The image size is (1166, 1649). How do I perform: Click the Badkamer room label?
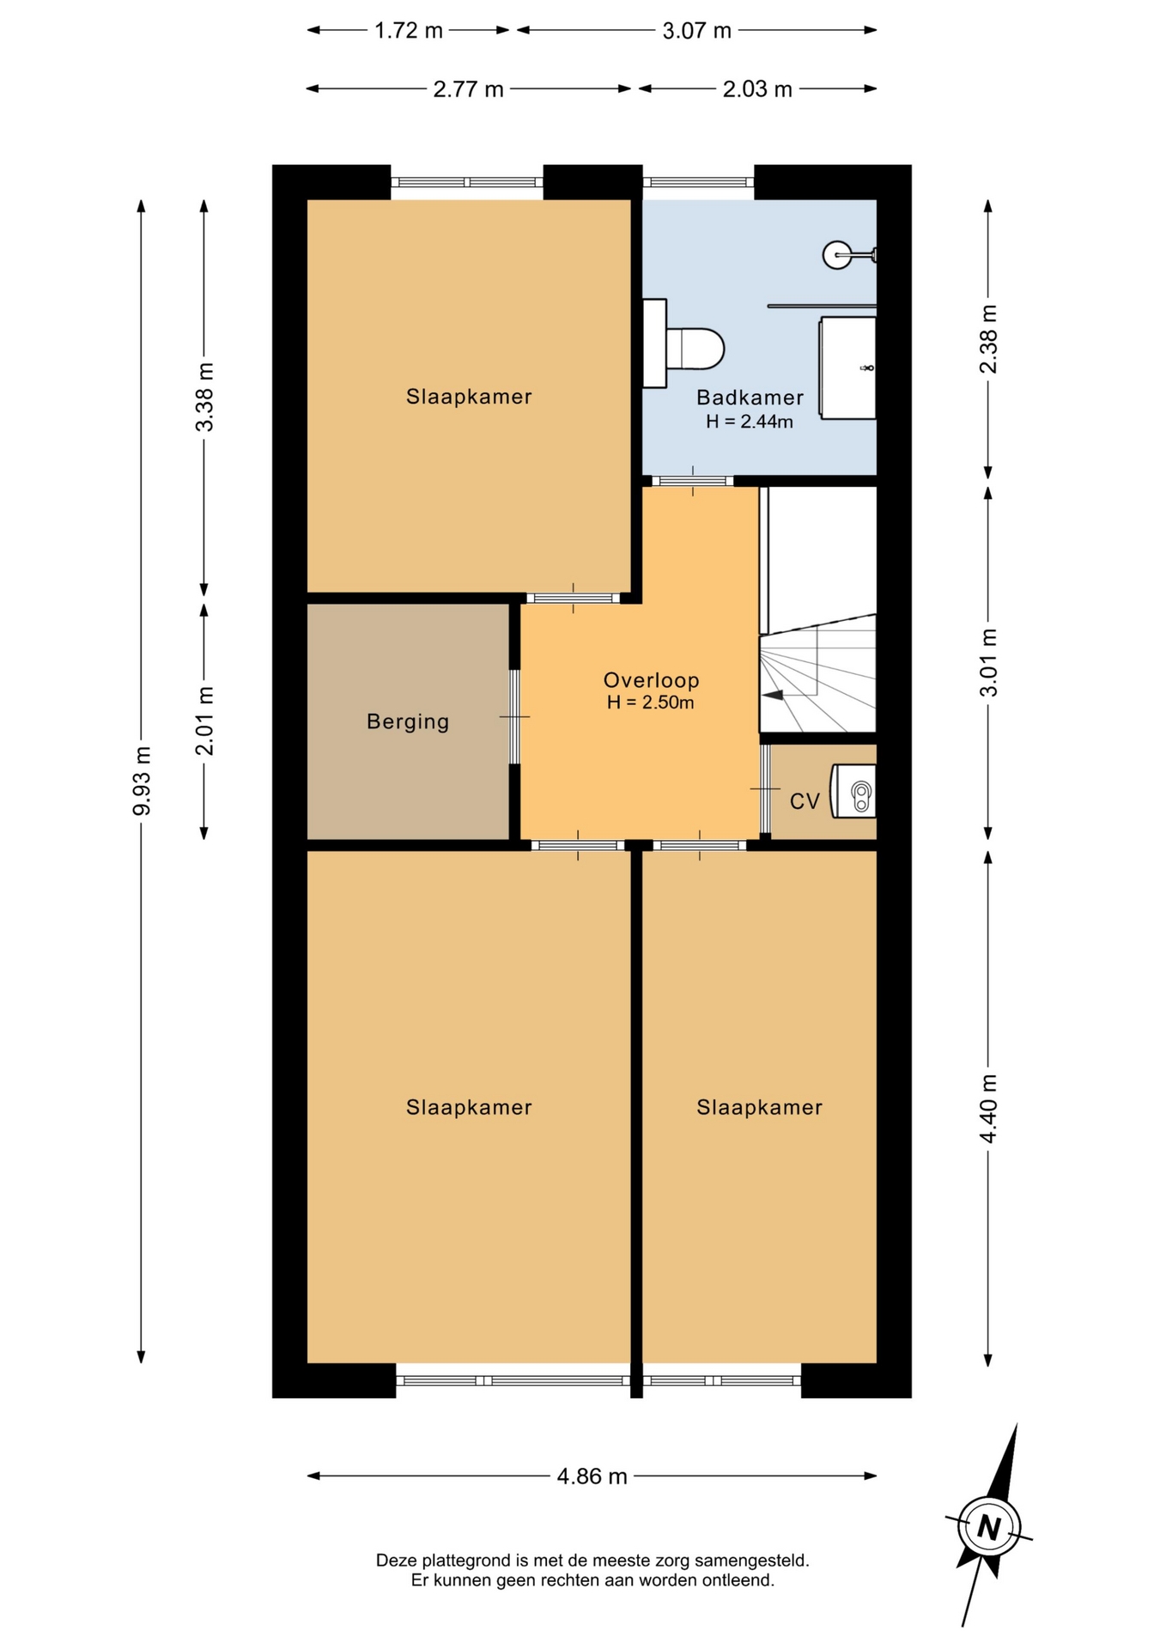click(750, 398)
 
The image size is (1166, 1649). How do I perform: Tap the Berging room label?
click(408, 721)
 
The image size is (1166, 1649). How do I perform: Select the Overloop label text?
click(651, 680)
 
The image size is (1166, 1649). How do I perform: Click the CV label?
click(805, 801)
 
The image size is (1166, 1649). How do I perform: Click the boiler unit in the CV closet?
click(853, 791)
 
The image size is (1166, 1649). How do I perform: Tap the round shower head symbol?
click(837, 254)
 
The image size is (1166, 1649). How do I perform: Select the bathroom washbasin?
click(847, 368)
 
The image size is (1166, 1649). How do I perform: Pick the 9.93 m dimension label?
click(142, 781)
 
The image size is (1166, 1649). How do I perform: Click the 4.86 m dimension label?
click(592, 1476)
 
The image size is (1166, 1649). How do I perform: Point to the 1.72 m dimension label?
click(408, 31)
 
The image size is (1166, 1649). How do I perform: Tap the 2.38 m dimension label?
click(988, 339)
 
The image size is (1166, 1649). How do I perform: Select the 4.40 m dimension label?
click(988, 1109)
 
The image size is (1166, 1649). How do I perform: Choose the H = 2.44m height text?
click(750, 422)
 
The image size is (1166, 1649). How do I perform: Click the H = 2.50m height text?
click(650, 703)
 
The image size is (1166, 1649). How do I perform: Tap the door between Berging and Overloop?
click(514, 717)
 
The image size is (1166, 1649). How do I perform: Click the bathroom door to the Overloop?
click(693, 481)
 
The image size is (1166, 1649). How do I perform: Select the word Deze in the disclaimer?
click(396, 1560)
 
